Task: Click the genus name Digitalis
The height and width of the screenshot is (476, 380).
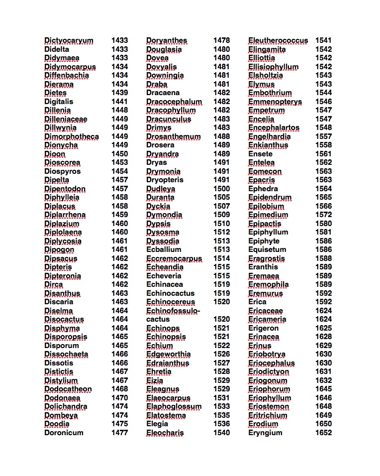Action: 59,102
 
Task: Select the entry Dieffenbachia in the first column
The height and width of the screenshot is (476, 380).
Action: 67,75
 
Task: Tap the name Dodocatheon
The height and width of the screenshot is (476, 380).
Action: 68,389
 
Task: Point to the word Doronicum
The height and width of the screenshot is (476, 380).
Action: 64,433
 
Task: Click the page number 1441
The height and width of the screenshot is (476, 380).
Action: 119,102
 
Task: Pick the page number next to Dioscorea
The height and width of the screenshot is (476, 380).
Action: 119,162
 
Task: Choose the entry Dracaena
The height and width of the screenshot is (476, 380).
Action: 163,93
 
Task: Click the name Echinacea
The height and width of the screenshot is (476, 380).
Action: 165,284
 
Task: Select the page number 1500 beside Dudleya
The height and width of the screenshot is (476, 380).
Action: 221,189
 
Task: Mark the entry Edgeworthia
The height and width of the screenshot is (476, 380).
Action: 168,354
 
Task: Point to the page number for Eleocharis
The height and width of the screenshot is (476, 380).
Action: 221,433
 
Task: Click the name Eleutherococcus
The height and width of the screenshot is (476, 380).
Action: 278,40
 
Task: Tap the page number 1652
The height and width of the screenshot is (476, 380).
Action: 323,433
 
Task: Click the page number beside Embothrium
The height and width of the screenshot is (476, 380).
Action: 323,93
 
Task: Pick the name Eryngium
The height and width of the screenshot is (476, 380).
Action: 265,433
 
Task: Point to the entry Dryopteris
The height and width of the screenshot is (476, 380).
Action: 165,180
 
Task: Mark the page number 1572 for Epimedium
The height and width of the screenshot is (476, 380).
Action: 323,215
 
